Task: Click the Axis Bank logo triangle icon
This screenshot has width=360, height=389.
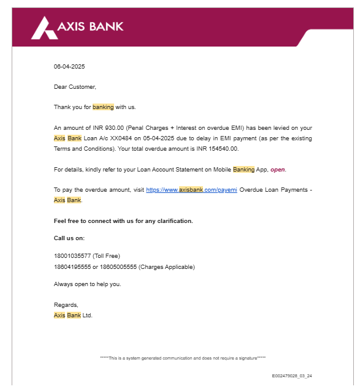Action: [43, 28]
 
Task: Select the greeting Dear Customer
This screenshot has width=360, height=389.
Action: [75, 87]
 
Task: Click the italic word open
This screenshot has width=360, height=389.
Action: [278, 170]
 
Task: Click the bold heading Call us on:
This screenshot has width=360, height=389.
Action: [69, 238]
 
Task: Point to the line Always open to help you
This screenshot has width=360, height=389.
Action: [88, 284]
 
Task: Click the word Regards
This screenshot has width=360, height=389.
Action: [66, 305]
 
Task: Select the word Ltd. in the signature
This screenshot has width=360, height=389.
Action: [87, 315]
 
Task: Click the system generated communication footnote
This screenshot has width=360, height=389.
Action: [182, 358]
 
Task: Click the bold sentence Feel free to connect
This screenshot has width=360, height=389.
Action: [123, 221]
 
